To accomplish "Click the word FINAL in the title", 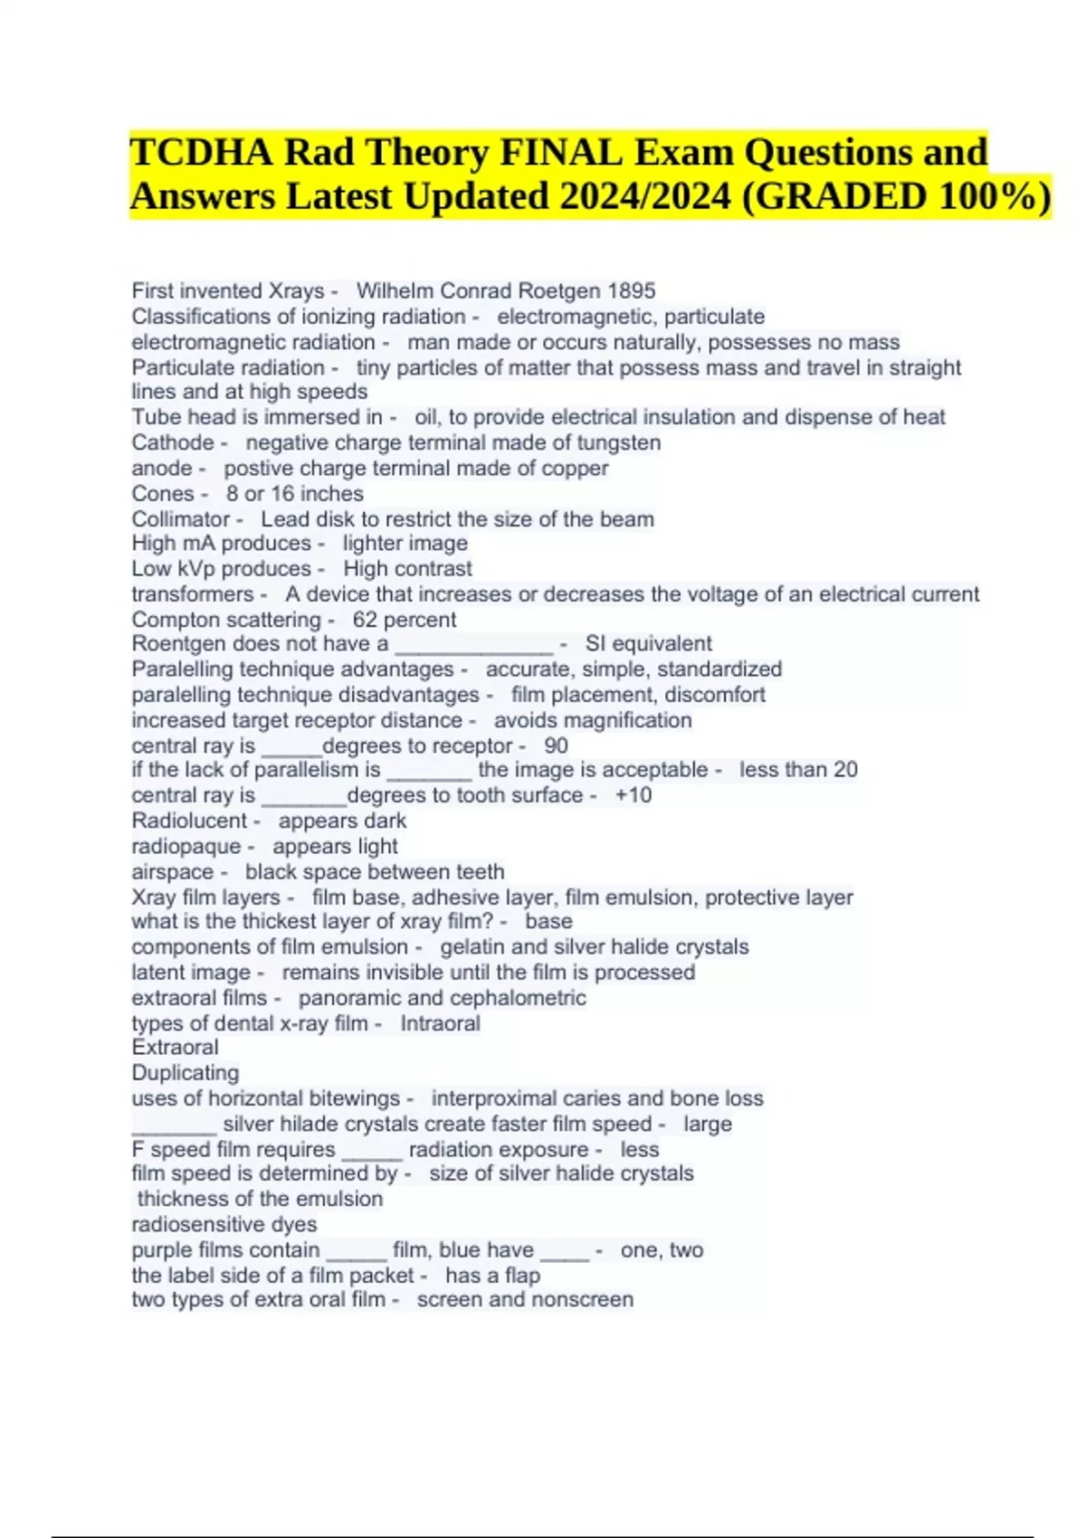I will point(560,152).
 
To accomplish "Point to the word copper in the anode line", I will point(575,468).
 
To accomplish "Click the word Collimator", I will point(181,518).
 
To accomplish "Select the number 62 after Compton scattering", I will point(365,620).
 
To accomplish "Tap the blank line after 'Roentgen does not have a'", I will point(473,645).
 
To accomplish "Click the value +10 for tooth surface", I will point(633,795).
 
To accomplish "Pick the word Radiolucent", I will point(189,821).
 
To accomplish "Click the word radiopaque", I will point(186,847).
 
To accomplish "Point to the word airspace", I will point(173,872).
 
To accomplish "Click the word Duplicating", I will point(186,1073).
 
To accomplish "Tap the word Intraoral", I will point(440,1023).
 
